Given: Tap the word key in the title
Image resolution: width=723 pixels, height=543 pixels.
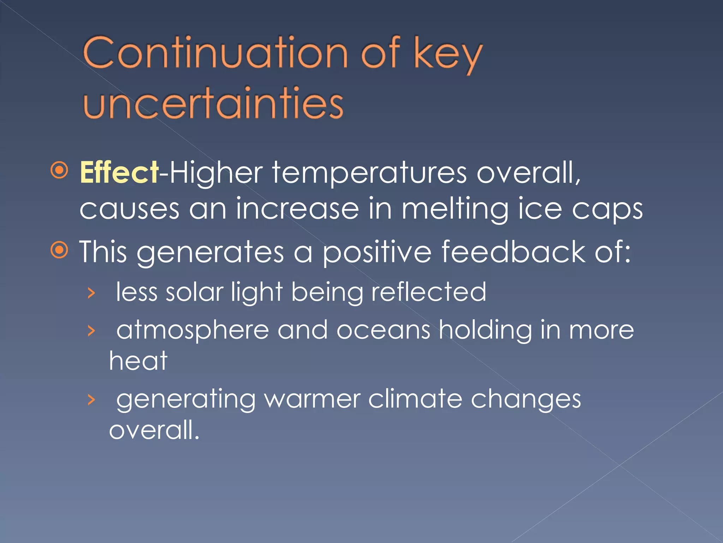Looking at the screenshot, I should [x=448, y=55].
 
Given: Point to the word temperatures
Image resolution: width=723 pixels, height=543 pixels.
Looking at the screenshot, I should [x=369, y=173].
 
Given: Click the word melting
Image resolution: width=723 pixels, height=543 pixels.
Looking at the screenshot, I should [x=455, y=209].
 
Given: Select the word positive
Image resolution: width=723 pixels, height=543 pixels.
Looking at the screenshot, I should [x=377, y=252].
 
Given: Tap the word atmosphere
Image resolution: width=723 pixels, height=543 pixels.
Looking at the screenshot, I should [x=193, y=330].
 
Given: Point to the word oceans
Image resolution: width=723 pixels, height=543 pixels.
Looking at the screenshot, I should [x=383, y=330].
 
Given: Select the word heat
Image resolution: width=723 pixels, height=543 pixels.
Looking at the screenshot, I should [x=138, y=361].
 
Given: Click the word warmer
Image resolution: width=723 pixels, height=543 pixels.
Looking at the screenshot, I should [x=312, y=399].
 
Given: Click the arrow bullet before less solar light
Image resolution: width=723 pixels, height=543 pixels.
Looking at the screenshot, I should [x=91, y=293].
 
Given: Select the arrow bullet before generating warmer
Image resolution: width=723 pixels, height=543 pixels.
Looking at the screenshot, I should [x=91, y=400].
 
